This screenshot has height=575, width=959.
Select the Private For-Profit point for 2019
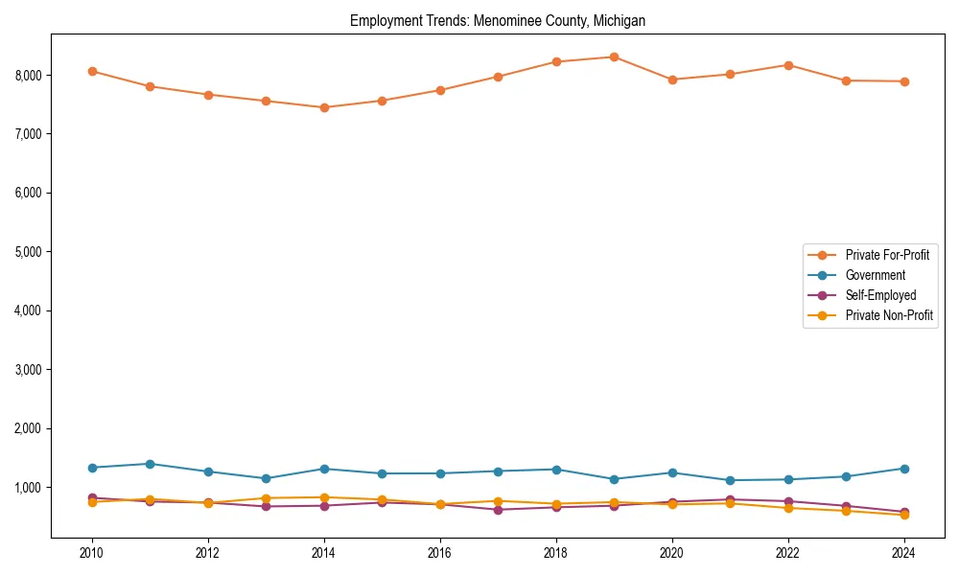click(x=614, y=57)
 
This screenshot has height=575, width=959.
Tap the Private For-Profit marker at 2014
click(x=324, y=107)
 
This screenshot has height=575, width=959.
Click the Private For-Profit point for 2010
click(x=92, y=71)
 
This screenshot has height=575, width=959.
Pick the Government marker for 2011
click(x=151, y=464)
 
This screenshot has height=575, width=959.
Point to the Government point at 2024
click(x=904, y=469)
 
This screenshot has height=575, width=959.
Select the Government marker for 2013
click(x=267, y=478)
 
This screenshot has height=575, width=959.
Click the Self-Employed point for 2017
click(x=499, y=510)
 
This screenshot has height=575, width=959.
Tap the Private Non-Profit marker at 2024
click(x=904, y=515)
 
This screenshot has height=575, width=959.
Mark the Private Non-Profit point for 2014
click(x=324, y=497)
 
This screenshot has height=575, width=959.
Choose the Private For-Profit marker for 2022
click(x=788, y=65)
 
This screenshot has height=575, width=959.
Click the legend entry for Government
click(x=875, y=275)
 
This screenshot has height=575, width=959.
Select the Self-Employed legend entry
click(x=880, y=295)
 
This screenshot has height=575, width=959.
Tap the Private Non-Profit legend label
click(x=889, y=315)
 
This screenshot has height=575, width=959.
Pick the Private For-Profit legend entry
click(x=887, y=255)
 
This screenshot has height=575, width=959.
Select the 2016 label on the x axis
click(x=440, y=553)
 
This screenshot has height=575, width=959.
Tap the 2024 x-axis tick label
click(x=904, y=553)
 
